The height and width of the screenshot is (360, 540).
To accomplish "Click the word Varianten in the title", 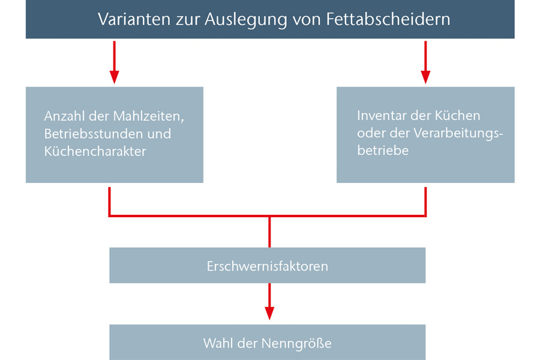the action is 134,19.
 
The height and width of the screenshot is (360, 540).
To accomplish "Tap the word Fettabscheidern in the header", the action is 388,19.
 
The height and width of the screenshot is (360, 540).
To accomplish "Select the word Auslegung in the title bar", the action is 245,20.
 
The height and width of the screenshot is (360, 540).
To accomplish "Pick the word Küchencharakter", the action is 95,151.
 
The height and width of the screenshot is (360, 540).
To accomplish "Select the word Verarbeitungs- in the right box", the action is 458,134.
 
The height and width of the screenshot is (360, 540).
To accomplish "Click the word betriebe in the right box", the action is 383,151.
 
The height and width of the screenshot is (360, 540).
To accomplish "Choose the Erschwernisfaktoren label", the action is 267,266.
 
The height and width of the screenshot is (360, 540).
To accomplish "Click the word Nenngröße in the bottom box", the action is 296,343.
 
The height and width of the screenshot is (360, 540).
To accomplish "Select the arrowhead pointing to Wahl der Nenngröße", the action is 269,313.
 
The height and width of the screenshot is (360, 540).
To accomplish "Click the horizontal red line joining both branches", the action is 268,216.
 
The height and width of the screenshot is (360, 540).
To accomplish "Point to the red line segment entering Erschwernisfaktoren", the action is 269,232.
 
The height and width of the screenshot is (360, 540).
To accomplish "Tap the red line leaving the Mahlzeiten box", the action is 110,202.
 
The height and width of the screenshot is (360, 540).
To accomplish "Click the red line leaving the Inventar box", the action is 425,202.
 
